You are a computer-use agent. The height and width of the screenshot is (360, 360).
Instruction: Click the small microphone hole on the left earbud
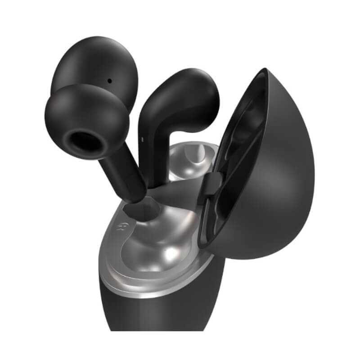(109, 81)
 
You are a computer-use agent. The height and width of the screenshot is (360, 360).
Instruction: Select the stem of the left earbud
(121, 171)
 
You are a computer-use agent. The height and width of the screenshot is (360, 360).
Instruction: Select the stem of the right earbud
(153, 148)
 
